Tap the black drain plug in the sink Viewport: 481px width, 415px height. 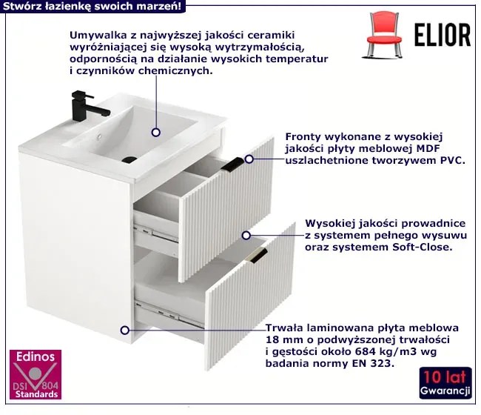(129, 159)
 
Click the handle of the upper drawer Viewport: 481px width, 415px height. (232, 164)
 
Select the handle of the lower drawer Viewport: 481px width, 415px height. (258, 255)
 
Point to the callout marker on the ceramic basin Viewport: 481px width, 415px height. (156, 133)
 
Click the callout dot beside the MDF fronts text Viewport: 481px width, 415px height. (249, 159)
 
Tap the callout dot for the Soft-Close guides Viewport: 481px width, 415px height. (246, 236)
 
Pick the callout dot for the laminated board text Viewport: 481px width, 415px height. (124, 331)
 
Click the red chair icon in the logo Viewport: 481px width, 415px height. (384, 35)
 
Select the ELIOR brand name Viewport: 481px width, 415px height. (443, 36)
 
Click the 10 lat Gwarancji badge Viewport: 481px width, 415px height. (445, 382)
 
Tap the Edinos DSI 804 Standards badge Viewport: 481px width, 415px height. (36, 374)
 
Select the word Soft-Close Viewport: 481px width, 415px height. (423, 247)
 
